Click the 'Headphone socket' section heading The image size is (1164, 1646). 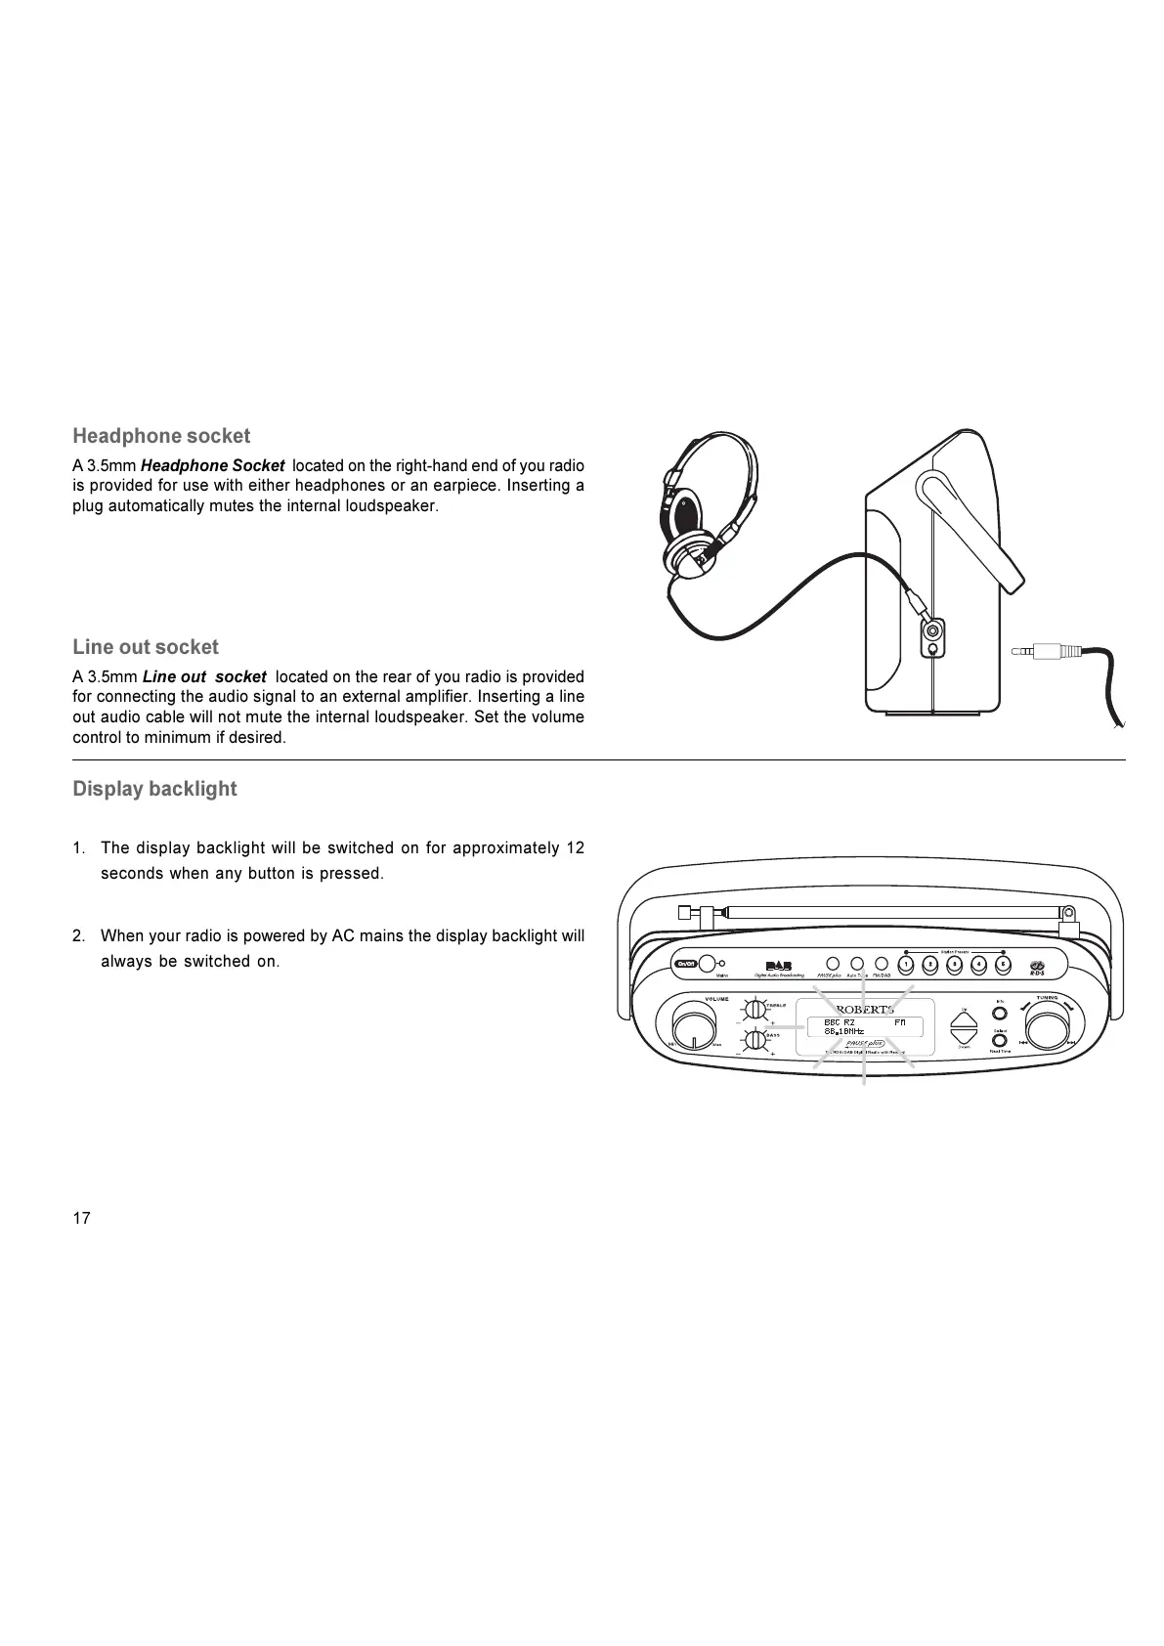click(x=161, y=436)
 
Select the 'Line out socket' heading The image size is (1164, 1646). click(x=146, y=647)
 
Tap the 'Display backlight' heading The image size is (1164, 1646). click(x=154, y=789)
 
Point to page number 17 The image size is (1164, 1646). click(x=81, y=1218)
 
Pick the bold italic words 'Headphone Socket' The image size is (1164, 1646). click(x=213, y=465)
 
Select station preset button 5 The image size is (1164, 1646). click(x=1003, y=965)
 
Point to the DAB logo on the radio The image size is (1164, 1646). click(x=778, y=967)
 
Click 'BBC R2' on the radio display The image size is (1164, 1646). click(x=840, y=1022)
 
